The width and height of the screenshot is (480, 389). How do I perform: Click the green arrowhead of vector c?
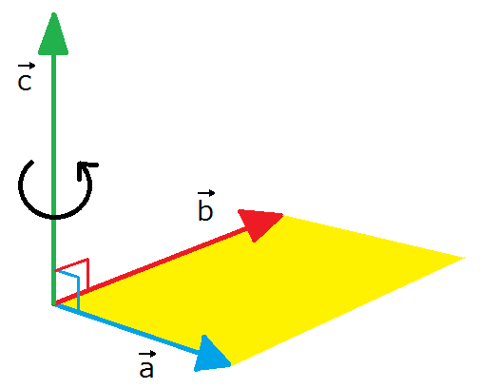(53, 34)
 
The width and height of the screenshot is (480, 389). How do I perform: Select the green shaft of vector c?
(54, 179)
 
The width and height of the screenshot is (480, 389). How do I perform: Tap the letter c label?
(25, 83)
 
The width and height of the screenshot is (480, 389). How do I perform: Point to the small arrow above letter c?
(27, 66)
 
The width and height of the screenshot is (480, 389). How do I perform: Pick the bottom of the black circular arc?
(54, 217)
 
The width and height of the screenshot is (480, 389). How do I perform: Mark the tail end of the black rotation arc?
(31, 163)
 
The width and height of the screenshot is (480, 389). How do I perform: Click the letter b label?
(205, 210)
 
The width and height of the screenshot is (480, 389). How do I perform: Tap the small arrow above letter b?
(206, 193)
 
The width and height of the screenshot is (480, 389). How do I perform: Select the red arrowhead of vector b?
(259, 223)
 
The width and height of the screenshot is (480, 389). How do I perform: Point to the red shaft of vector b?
(152, 265)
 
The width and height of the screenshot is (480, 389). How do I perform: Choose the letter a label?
(146, 369)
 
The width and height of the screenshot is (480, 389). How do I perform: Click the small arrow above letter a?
(147, 354)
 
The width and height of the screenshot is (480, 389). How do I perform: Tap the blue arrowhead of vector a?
(211, 355)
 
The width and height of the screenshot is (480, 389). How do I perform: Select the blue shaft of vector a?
(126, 329)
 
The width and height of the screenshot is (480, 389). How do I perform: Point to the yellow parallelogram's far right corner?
(465, 258)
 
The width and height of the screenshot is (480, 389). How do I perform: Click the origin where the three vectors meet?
(54, 304)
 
